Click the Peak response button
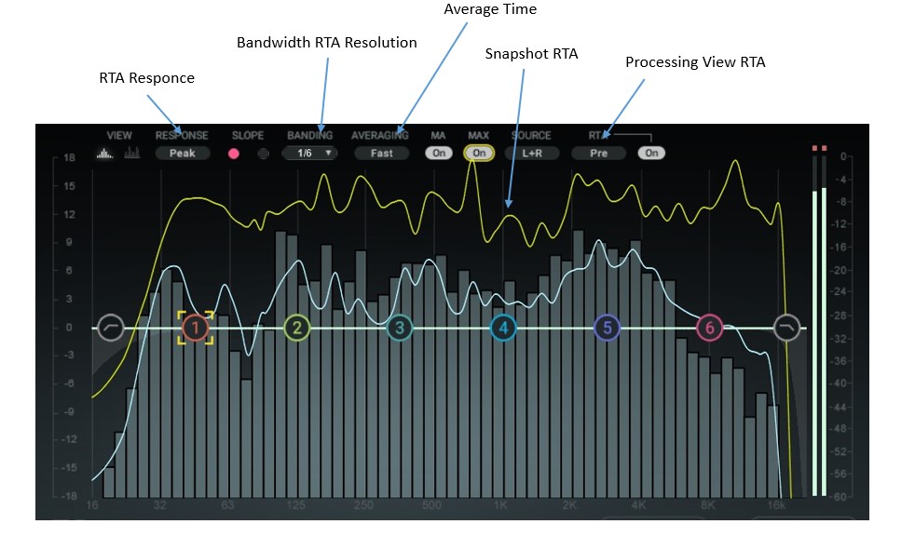coord(183,153)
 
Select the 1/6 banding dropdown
coord(309,153)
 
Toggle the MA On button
coord(438,153)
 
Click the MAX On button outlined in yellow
coord(479,153)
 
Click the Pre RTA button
coord(599,153)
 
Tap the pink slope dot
coord(235,153)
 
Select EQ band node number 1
coord(196,328)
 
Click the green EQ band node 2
coord(296,328)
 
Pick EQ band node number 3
coord(400,328)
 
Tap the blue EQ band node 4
coord(503,328)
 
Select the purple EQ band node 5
coord(607,328)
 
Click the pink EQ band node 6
coord(710,328)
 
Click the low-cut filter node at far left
coord(111,328)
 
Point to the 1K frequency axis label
coord(501,505)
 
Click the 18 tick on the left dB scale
coord(69,157)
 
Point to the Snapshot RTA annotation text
coord(531,54)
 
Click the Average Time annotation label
coord(490,9)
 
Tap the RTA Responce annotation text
coord(147,78)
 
